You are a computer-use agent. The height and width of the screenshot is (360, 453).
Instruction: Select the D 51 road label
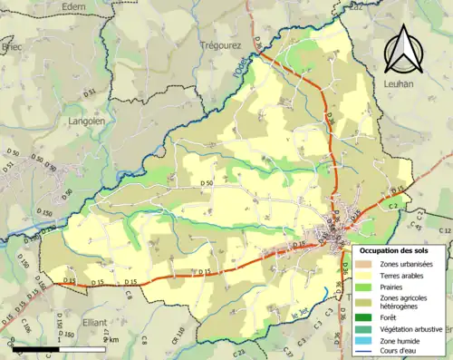(x=89, y=92)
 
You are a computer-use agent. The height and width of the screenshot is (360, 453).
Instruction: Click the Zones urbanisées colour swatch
(x=362, y=263)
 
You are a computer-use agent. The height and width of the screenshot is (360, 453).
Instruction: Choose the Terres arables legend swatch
(x=362, y=275)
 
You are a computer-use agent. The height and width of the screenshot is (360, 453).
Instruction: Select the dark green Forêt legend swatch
(x=362, y=317)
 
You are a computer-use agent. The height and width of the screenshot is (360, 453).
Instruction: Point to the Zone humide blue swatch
(x=362, y=340)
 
